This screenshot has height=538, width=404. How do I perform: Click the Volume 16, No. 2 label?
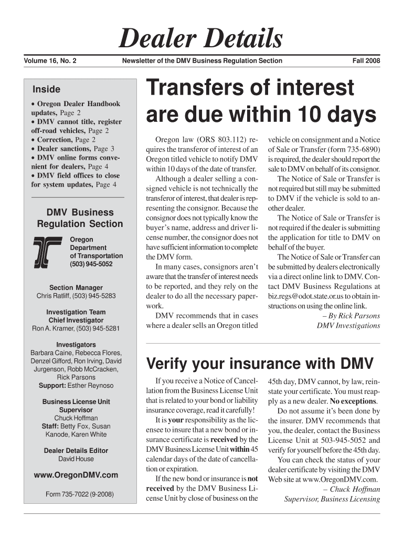click(50, 61)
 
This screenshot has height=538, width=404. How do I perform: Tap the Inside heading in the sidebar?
click(46, 89)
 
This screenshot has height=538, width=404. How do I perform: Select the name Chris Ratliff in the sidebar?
click(55, 296)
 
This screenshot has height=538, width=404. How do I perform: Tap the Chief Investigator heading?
click(76, 320)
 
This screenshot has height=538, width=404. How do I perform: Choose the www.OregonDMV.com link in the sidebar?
click(76, 475)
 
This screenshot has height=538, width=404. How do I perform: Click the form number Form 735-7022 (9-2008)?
click(76, 494)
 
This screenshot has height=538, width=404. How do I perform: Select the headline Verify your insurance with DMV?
click(260, 364)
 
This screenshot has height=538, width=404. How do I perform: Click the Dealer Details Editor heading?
click(76, 451)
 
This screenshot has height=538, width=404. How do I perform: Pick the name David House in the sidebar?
click(76, 459)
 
